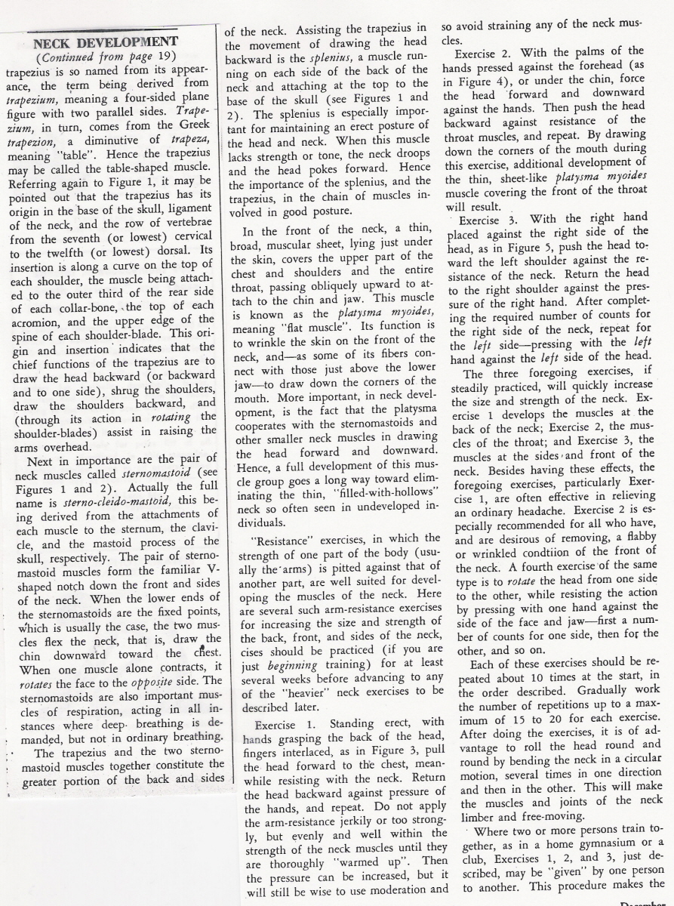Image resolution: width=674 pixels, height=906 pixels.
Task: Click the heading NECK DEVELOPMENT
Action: pyautogui.click(x=106, y=42)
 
